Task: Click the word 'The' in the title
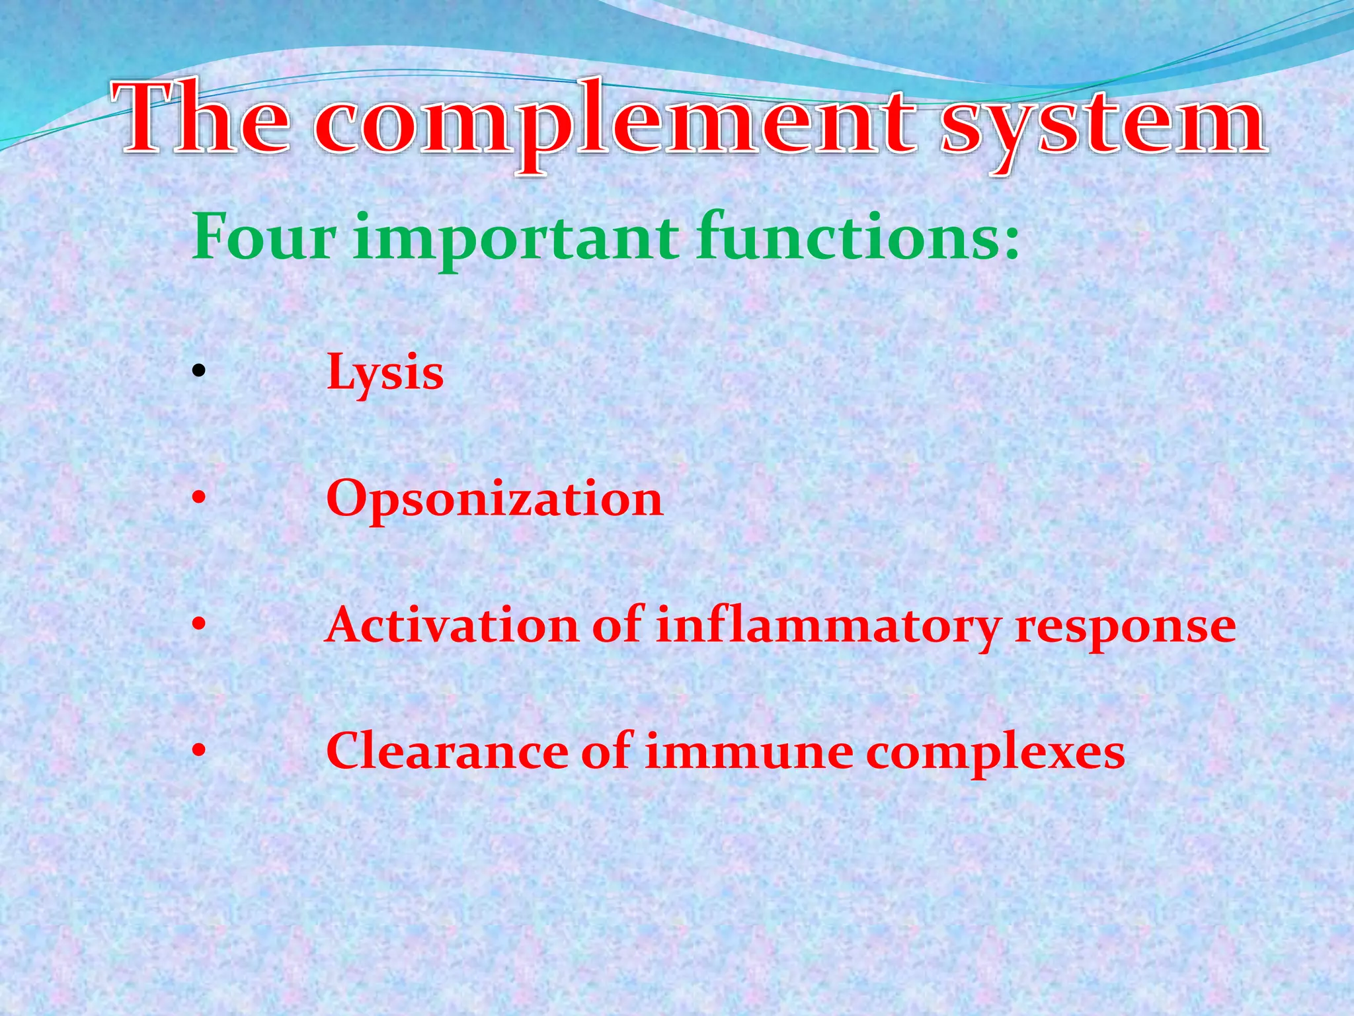[202, 119]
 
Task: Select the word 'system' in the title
[1103, 126]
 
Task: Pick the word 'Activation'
[453, 625]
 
